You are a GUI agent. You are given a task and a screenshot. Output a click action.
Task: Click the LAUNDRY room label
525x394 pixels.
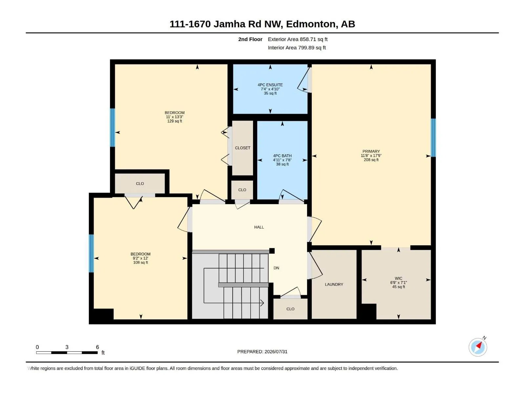[x=334, y=284]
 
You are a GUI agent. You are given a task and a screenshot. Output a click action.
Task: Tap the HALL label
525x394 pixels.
[x=259, y=227]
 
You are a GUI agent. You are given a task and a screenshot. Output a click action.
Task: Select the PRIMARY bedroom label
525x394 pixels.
[x=371, y=151]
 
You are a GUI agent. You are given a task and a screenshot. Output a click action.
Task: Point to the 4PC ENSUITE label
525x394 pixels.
[x=270, y=85]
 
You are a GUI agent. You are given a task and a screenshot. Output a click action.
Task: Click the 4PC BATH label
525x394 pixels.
[x=282, y=156]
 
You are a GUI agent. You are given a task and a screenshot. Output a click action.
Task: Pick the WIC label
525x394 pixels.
[x=398, y=278]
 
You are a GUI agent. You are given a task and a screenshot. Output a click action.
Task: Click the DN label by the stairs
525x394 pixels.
[x=276, y=268]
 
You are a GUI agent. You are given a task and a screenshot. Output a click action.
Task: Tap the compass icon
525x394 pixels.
[x=478, y=347]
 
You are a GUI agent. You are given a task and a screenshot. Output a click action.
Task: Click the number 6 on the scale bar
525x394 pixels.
[x=97, y=347]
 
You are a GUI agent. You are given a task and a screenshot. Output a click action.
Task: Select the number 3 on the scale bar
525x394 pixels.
[x=67, y=347]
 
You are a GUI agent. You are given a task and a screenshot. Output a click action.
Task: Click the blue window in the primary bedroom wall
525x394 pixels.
[x=433, y=138]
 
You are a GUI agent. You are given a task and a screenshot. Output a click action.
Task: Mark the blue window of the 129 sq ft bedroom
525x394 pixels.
[x=113, y=127]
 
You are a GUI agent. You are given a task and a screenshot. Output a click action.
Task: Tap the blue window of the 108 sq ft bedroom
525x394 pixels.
[x=91, y=253]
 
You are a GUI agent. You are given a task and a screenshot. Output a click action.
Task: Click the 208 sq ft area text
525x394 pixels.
[x=371, y=160]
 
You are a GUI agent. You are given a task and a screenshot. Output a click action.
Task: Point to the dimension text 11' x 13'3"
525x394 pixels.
[x=174, y=117]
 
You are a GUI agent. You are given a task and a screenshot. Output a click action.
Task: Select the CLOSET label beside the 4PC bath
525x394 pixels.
[x=242, y=148]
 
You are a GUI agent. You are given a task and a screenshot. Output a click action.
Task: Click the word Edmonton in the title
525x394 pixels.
[x=312, y=24]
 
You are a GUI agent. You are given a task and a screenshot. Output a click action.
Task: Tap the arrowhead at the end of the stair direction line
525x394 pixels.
[x=262, y=303]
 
